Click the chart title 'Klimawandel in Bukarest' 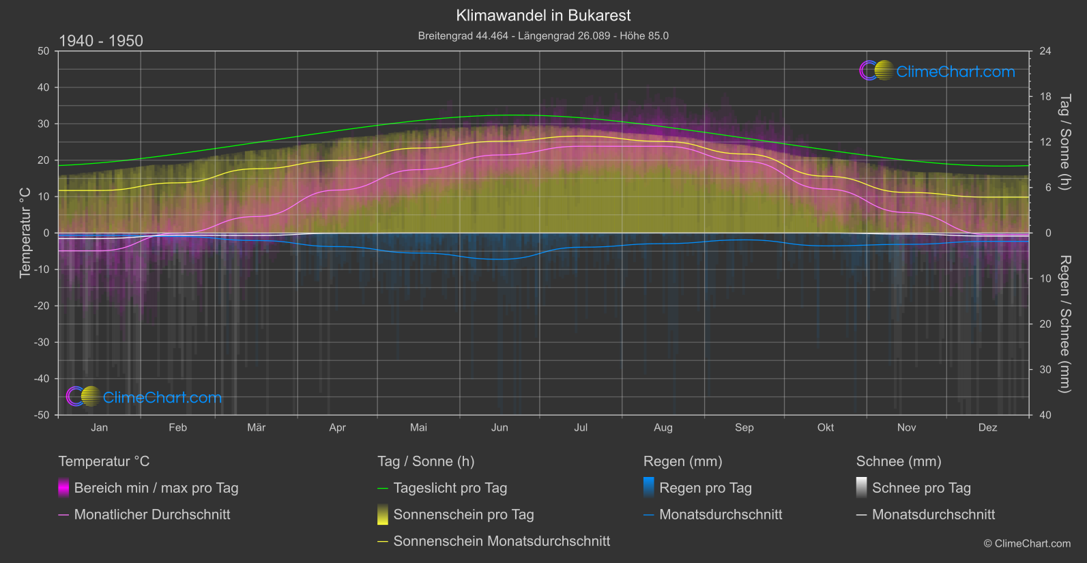coord(543,16)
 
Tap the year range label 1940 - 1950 coord(101,41)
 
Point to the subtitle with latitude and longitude coord(543,35)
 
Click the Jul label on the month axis coord(581,427)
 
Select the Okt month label coord(826,427)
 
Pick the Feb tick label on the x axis coord(177,427)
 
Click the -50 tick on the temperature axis coord(43,415)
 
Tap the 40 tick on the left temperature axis coord(44,87)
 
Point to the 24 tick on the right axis coord(1045,51)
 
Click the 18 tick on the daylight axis coord(1045,97)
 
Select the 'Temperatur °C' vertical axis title coord(25,233)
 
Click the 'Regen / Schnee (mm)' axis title coord(1064,324)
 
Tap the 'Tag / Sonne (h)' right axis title coord(1064,142)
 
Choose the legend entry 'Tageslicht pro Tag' coord(450,488)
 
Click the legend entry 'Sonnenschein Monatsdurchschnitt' coord(502,541)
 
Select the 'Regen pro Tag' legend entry coord(705,488)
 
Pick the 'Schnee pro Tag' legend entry coord(921,488)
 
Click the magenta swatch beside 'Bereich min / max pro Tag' coord(63,488)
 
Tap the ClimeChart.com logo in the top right coord(938,71)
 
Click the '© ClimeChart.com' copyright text coord(1027,544)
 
